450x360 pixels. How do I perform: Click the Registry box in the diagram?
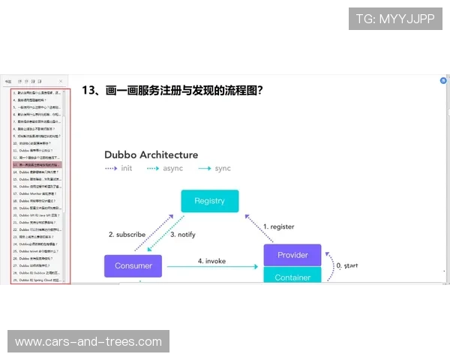tap(209, 201)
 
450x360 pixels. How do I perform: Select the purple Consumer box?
tap(133, 265)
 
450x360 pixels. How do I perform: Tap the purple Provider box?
tap(292, 255)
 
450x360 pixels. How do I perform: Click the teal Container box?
tap(292, 276)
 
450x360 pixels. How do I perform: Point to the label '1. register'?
tap(278, 226)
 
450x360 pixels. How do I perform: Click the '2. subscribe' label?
tap(127, 235)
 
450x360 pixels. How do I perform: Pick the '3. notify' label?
tap(182, 235)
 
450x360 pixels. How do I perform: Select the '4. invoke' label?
tap(211, 260)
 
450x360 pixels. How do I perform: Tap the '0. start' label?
tap(348, 265)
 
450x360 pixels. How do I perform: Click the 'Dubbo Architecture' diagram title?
tap(151, 154)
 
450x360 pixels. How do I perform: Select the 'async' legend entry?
tap(173, 169)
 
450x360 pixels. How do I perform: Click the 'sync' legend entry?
tap(223, 169)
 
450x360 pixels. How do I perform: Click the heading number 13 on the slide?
tap(90, 90)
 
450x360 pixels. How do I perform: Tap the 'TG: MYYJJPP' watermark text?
tap(395, 19)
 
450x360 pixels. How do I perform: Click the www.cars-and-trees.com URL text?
tap(88, 342)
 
